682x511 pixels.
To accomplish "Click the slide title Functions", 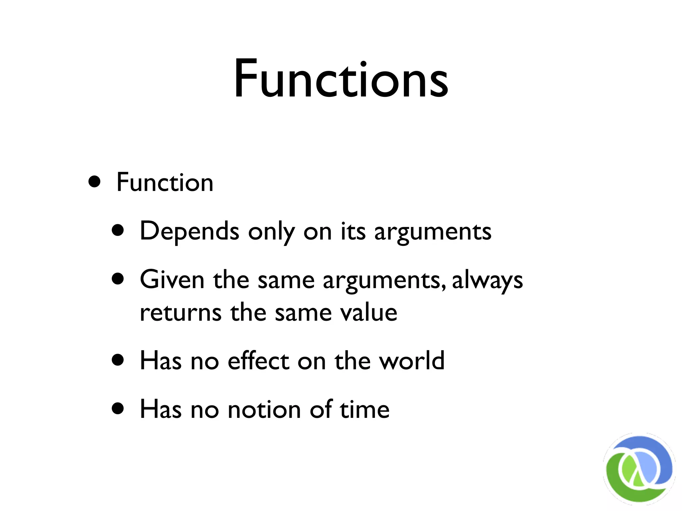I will (x=341, y=79).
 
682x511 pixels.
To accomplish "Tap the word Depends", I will (x=189, y=231).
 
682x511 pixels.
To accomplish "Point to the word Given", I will (x=172, y=279).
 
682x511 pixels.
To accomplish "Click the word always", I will (x=488, y=280).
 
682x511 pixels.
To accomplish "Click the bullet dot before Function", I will (x=95, y=182).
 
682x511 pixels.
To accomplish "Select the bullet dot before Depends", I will (x=118, y=230).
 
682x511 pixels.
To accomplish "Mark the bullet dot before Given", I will (x=118, y=279).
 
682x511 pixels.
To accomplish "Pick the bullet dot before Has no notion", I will (x=118, y=408).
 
